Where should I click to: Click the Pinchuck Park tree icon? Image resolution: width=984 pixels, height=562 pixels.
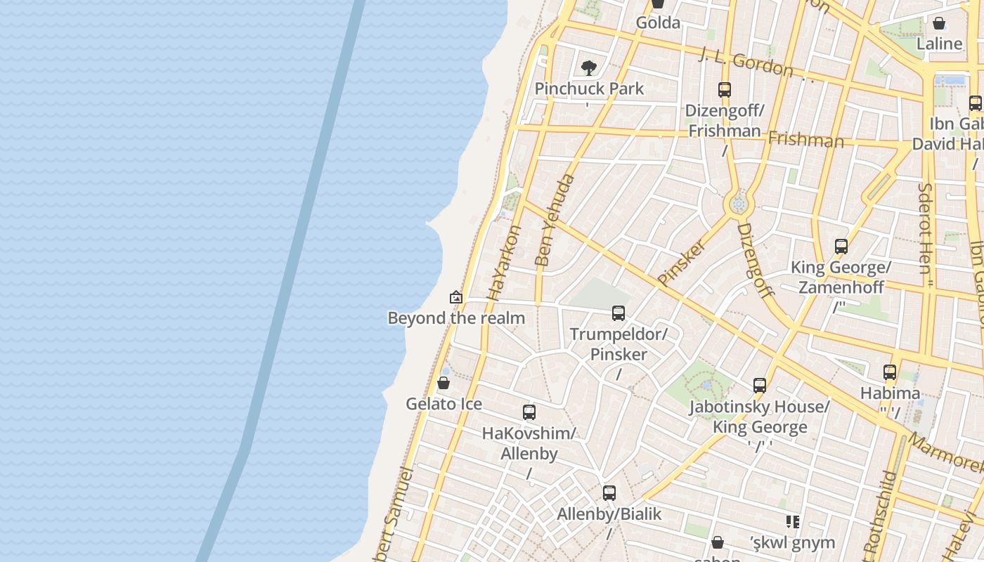click(x=589, y=68)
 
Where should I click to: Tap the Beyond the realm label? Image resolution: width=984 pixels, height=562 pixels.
click(x=456, y=318)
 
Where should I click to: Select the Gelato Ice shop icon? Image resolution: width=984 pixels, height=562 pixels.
click(x=444, y=383)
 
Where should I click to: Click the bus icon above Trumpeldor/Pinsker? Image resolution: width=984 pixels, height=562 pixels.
click(x=619, y=313)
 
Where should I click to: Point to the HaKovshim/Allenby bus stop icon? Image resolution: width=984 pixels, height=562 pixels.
click(x=529, y=412)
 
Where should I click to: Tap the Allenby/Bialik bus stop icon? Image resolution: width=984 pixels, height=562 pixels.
click(x=609, y=493)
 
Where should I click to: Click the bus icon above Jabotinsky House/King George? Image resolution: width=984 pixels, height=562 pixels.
click(x=760, y=386)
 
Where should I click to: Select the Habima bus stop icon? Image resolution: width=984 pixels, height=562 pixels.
click(x=890, y=372)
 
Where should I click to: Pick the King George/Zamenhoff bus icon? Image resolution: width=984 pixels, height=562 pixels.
click(x=841, y=247)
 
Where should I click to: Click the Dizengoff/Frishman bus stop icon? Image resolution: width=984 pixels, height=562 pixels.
click(x=725, y=90)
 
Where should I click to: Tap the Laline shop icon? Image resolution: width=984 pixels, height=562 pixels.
click(x=939, y=23)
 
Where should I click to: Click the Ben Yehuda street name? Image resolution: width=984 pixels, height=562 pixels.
click(x=555, y=220)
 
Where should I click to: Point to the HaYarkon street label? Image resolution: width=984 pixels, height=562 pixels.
click(x=505, y=262)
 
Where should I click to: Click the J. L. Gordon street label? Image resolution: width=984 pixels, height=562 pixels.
click(x=746, y=62)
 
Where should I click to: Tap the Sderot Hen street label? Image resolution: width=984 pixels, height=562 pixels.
click(x=924, y=228)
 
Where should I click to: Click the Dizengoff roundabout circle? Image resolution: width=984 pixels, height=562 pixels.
click(x=738, y=204)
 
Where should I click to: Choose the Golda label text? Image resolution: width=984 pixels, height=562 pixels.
click(x=658, y=23)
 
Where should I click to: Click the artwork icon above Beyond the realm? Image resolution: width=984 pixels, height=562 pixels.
click(x=456, y=297)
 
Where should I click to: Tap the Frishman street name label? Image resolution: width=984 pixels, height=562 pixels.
click(x=805, y=139)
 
